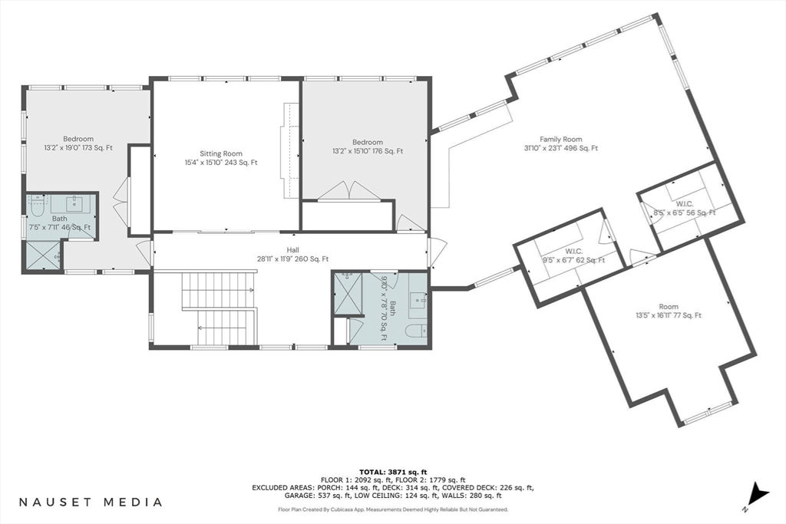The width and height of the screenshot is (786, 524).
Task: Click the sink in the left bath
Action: click(x=75, y=203)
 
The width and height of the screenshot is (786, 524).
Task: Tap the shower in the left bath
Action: click(x=42, y=255)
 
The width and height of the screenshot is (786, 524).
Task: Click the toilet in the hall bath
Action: click(x=415, y=331)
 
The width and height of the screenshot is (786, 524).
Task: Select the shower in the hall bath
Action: click(x=348, y=292)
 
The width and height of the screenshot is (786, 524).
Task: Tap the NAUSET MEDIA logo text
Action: click(x=91, y=502)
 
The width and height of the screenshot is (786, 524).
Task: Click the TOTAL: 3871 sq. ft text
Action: click(x=393, y=472)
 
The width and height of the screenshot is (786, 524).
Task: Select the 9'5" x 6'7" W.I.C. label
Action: click(x=573, y=255)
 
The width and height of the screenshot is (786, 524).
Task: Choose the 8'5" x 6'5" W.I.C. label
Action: click(x=685, y=209)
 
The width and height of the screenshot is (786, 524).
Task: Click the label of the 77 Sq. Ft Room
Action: click(x=669, y=311)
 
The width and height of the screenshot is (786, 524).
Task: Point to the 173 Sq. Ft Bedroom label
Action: click(x=78, y=143)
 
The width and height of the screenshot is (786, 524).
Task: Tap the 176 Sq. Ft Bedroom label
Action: click(x=368, y=147)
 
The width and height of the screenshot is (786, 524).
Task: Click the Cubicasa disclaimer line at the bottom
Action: click(x=393, y=509)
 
